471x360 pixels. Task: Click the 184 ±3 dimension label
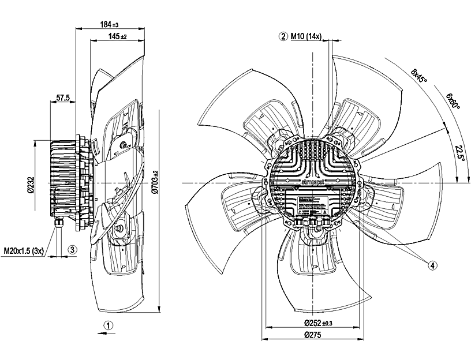[x=109, y=25]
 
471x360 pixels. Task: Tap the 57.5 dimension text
[x=62, y=98]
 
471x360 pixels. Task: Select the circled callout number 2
[x=283, y=36]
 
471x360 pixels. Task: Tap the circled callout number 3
[x=72, y=250]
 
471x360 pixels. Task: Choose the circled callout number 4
[x=432, y=265]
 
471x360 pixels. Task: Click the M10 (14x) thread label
[x=306, y=36]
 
